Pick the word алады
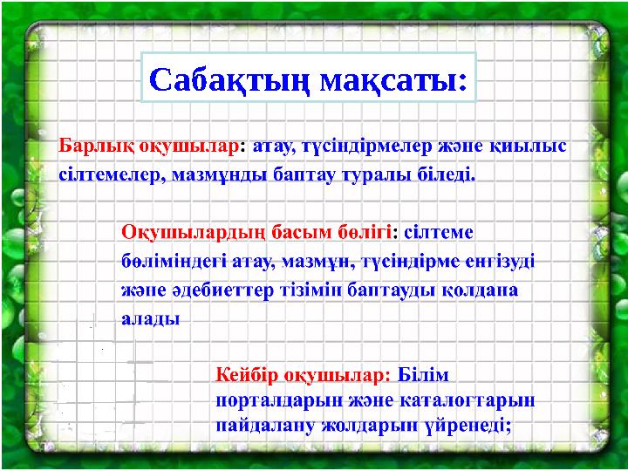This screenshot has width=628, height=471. point(149,318)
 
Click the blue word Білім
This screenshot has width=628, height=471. point(422,375)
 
